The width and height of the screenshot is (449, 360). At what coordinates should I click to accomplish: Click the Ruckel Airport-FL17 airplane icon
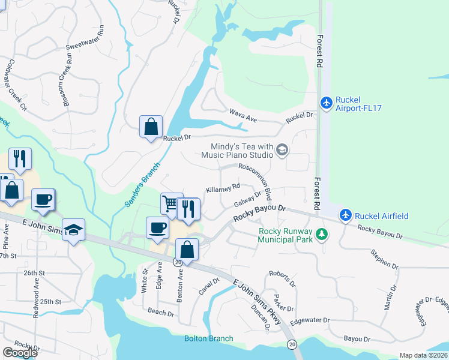(326, 103)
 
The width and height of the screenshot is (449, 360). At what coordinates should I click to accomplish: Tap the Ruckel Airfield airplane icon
(345, 214)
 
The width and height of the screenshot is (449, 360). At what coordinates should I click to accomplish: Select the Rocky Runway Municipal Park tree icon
(322, 233)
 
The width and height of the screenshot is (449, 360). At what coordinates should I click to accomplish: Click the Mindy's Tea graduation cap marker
(282, 150)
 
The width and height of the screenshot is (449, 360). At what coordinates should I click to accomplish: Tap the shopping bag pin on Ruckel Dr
(150, 127)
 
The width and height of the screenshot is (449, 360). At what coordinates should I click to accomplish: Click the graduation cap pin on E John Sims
(74, 230)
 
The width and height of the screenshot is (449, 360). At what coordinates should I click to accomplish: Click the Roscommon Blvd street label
(255, 181)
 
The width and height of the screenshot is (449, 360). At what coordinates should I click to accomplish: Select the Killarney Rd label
(223, 188)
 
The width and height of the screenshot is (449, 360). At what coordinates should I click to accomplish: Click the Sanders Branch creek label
(142, 185)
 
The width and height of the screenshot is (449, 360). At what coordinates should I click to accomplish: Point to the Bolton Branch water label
(208, 338)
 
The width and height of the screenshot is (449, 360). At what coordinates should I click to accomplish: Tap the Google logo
(20, 352)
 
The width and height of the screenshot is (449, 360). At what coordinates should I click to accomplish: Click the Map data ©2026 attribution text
(423, 355)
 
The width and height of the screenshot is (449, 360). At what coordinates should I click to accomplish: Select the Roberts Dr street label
(282, 277)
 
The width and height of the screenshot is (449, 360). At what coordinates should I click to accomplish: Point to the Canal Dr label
(209, 288)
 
